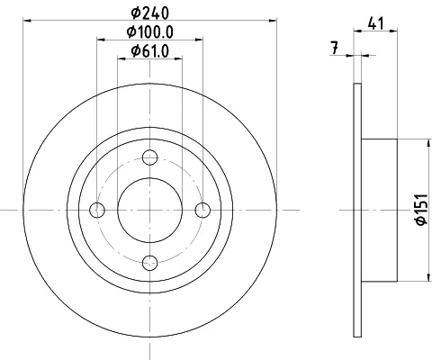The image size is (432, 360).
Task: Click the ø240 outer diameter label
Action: (150, 13)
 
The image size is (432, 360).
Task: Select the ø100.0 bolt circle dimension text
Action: (150, 32)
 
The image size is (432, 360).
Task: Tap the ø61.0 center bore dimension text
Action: (150, 51)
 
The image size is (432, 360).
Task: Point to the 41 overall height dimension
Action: (376, 23)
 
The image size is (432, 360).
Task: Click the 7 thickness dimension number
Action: (335, 49)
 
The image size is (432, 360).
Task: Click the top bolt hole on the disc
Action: (150, 157)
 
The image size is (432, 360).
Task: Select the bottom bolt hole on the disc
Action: (150, 263)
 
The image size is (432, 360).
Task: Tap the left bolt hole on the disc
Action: (97, 210)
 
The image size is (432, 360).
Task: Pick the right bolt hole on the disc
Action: (202, 210)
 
